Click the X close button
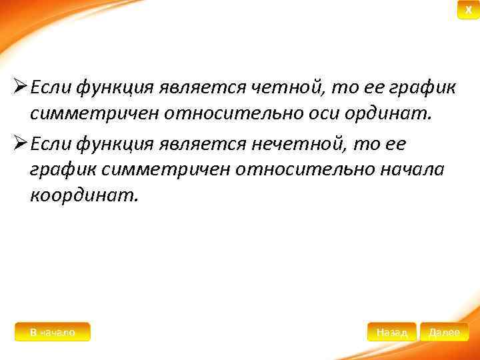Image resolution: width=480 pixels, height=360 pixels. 468,10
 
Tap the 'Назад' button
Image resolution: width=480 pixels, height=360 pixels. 391,332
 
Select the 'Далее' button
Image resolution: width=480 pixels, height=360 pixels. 444,332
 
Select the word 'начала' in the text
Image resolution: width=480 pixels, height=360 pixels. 409,172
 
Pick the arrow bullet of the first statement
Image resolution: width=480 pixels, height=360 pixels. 19,87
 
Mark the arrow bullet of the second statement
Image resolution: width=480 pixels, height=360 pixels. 19,145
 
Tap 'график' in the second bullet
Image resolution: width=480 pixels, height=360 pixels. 59,172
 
